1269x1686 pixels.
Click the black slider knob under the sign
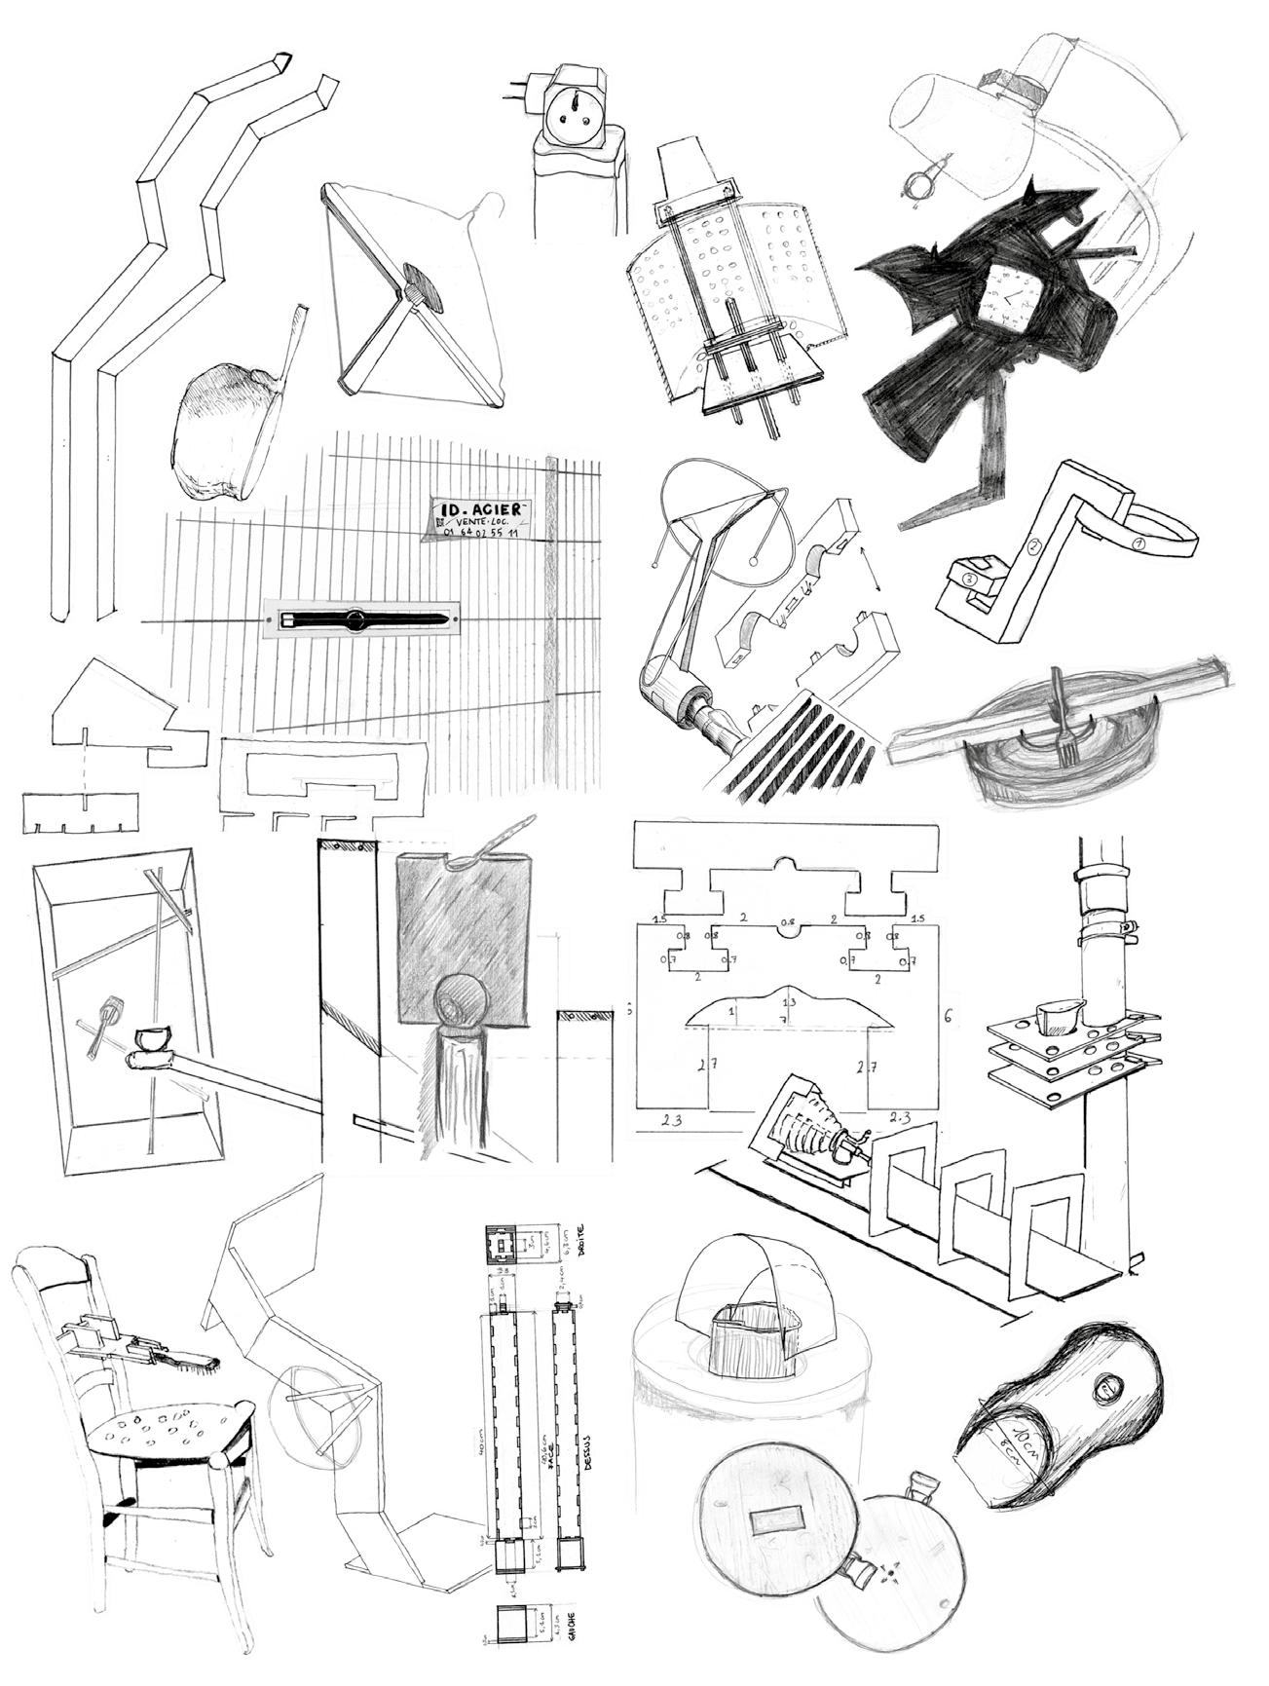355,619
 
